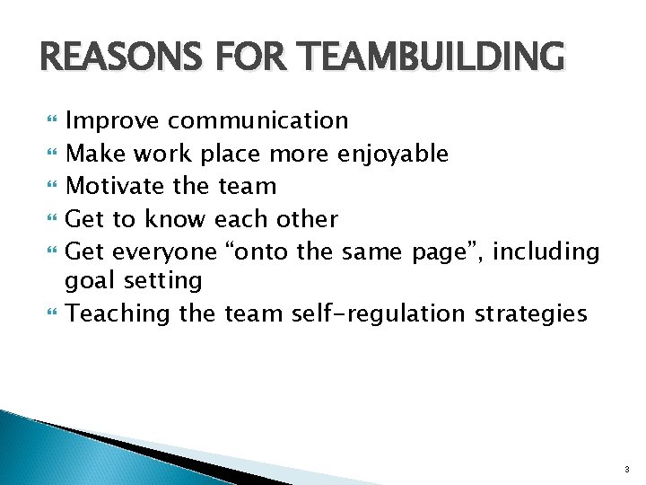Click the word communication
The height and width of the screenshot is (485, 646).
258,120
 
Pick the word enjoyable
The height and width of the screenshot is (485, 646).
392,154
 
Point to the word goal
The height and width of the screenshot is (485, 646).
90,281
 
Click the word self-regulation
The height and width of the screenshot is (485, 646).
378,313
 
